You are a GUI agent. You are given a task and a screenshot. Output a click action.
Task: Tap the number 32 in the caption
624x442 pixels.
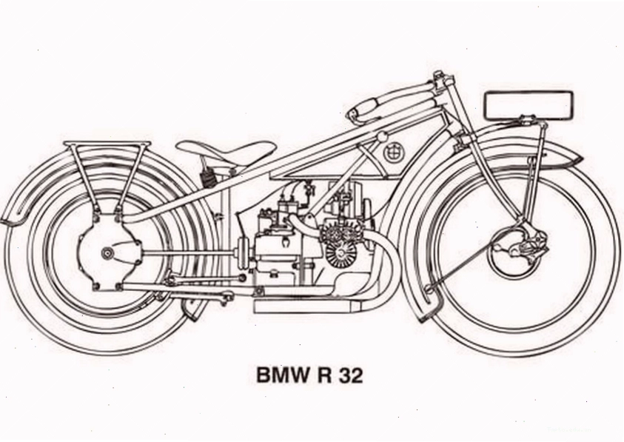(x=350, y=375)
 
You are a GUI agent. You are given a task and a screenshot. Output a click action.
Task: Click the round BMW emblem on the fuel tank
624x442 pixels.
(x=394, y=152)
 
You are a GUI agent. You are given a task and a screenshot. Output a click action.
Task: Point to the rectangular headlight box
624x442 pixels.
(x=529, y=105)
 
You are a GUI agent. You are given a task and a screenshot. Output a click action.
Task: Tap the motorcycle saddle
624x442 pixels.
(x=226, y=152)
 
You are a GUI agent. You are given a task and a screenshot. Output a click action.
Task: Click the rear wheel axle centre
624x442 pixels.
(x=107, y=252)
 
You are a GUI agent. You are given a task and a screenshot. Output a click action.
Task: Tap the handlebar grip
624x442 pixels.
(x=363, y=107)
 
